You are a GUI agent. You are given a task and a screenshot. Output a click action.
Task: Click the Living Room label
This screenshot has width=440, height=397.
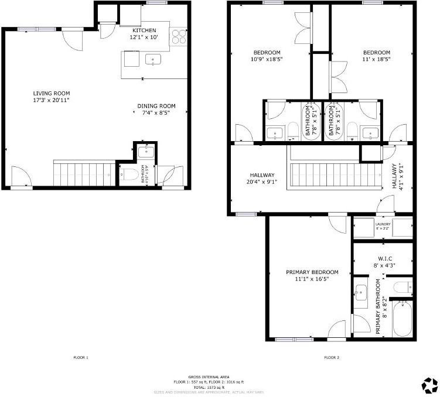coord(52,93)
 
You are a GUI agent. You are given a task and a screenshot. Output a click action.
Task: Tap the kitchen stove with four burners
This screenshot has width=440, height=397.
coord(178,37)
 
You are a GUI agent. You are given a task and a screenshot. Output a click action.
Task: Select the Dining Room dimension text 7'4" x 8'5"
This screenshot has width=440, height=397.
coord(156,114)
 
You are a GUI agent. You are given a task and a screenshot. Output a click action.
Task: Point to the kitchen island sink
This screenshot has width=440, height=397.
coord(154,60)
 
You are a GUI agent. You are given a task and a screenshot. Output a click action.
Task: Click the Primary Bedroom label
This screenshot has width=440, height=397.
coord(312,272)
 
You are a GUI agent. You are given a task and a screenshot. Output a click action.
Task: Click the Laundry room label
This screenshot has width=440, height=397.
coord(383,223)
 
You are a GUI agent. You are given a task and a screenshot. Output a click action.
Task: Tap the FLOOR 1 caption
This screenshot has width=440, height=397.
coord(80,357)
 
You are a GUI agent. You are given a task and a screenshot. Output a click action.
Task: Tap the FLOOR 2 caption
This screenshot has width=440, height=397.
coord(332,357)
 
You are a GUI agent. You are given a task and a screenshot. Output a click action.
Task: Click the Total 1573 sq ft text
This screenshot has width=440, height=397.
coord(209,387)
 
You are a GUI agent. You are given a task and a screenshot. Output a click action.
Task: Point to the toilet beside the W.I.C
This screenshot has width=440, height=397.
coord(402,287)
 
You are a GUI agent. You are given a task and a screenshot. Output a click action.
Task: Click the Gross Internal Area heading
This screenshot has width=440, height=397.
coord(209,377)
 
